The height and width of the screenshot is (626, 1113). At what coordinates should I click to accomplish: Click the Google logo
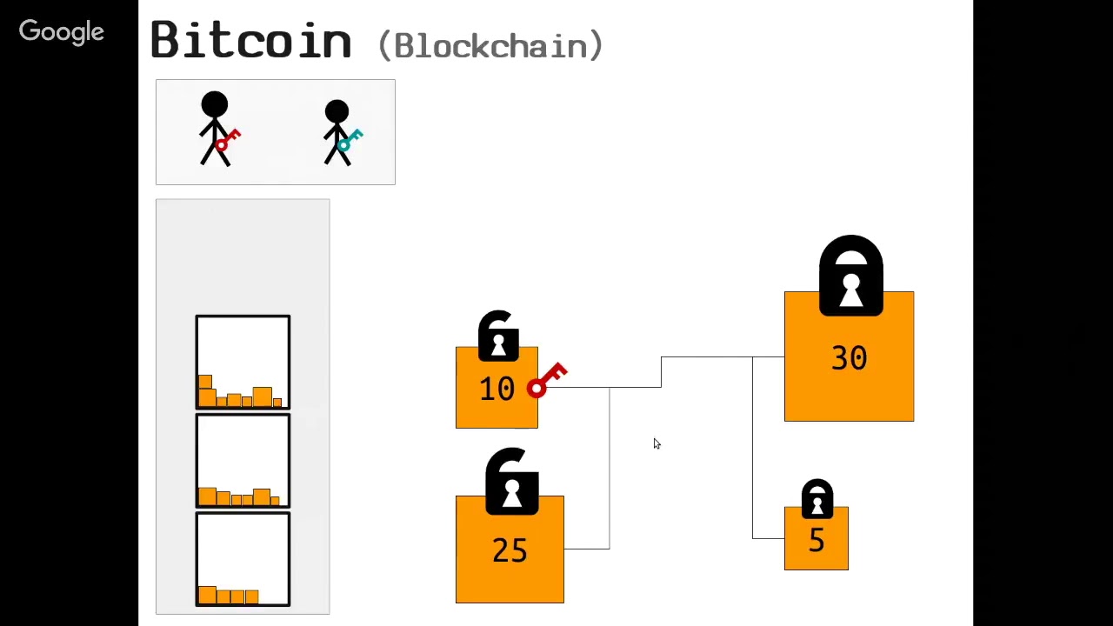click(x=61, y=32)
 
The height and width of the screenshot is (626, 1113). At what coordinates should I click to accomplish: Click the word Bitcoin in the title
click(x=250, y=41)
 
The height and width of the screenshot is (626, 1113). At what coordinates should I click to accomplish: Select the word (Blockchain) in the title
click(x=490, y=45)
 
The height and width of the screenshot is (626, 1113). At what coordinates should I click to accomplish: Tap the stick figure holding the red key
click(x=215, y=129)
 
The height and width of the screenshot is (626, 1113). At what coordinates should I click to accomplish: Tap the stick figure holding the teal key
click(x=337, y=132)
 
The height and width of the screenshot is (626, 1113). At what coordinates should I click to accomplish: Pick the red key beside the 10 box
click(x=547, y=381)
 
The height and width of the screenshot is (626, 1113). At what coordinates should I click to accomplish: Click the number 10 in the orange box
click(x=497, y=389)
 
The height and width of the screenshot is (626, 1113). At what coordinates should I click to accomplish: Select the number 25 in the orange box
click(x=510, y=550)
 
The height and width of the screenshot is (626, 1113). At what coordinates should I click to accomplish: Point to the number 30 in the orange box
click(x=849, y=358)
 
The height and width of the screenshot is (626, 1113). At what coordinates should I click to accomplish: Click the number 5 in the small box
click(x=816, y=541)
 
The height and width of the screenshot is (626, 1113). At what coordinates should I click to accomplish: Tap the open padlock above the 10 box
click(x=498, y=335)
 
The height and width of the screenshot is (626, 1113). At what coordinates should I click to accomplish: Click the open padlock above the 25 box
click(x=511, y=481)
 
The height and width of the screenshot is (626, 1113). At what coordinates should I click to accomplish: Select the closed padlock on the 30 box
click(x=850, y=276)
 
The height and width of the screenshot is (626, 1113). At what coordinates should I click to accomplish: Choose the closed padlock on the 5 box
click(x=816, y=499)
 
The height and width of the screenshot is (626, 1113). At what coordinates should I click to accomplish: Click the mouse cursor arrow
click(x=656, y=443)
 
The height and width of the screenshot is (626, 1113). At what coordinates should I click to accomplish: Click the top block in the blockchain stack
click(x=243, y=362)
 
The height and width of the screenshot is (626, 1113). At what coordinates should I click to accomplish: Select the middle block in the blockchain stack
click(x=243, y=461)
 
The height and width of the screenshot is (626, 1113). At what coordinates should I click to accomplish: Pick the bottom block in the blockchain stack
click(x=243, y=559)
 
